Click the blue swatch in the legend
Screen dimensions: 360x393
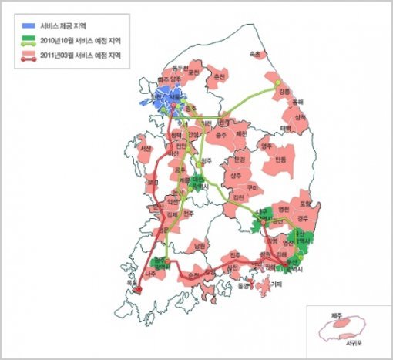point(29,25)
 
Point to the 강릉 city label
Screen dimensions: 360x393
point(285,92)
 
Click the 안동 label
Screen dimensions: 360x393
point(278,160)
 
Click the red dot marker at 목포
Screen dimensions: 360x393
point(139,290)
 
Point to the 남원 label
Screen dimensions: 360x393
point(202,246)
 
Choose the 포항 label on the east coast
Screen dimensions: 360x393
point(308,204)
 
